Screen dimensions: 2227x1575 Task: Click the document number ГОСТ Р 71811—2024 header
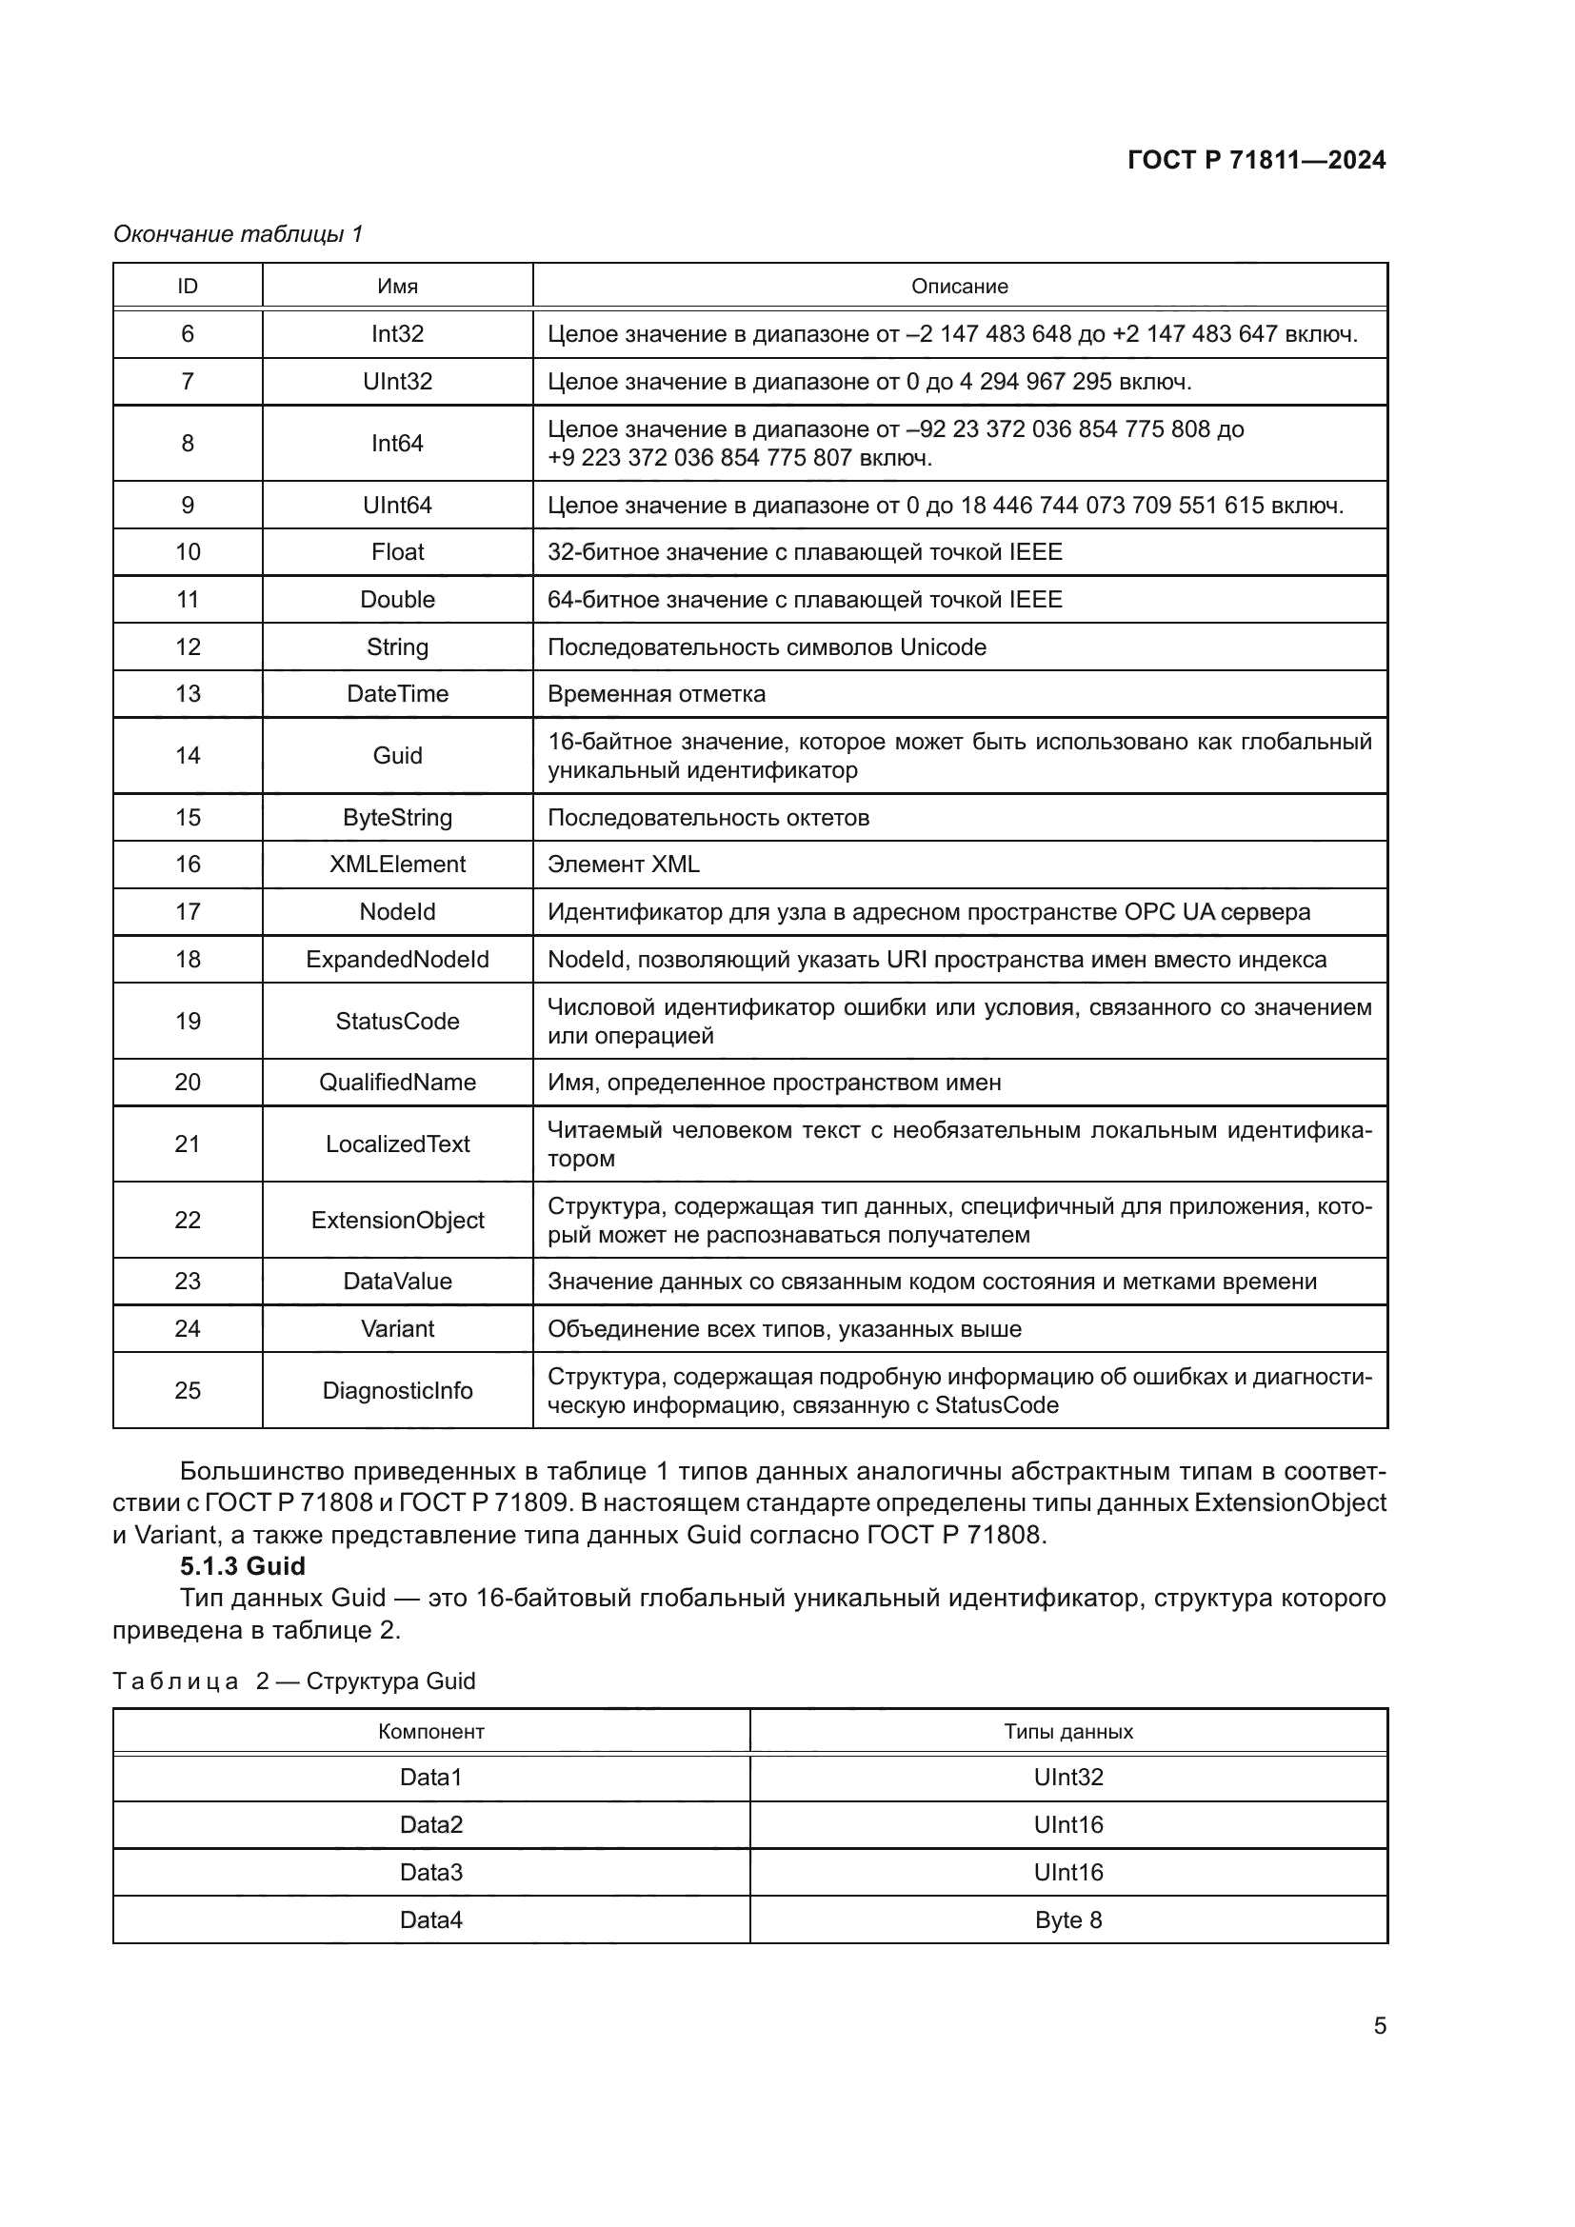pyautogui.click(x=1256, y=160)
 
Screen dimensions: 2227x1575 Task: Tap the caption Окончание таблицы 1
pyautogui.click(x=238, y=234)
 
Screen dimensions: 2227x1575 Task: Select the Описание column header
pyautogui.click(x=959, y=287)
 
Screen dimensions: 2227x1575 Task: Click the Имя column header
pyautogui.click(x=398, y=287)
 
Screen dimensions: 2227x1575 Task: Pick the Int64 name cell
pyautogui.click(x=398, y=444)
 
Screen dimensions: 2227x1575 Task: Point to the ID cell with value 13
pyautogui.click(x=188, y=693)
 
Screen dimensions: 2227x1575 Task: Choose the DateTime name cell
pyautogui.click(x=398, y=693)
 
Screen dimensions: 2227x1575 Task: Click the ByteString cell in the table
pyautogui.click(x=398, y=818)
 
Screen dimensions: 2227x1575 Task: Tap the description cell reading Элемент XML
pyautogui.click(x=624, y=865)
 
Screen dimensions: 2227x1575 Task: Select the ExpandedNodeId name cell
pyautogui.click(x=398, y=960)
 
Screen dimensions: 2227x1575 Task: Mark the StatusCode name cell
pyautogui.click(x=398, y=1022)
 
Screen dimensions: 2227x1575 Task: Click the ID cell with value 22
pyautogui.click(x=188, y=1221)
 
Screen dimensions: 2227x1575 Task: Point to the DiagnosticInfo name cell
pyautogui.click(x=398, y=1391)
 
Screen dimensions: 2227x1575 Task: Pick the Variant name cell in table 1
pyautogui.click(x=398, y=1329)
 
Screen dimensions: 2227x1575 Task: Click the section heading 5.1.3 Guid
pyautogui.click(x=243, y=1566)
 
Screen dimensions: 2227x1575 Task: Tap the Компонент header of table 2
pyautogui.click(x=431, y=1731)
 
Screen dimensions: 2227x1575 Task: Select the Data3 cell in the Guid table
pyautogui.click(x=431, y=1872)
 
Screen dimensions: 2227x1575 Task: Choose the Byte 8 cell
pyautogui.click(x=1068, y=1920)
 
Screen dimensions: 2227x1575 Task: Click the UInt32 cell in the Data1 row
pyautogui.click(x=1068, y=1777)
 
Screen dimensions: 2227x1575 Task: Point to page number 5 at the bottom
pyautogui.click(x=1380, y=2025)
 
